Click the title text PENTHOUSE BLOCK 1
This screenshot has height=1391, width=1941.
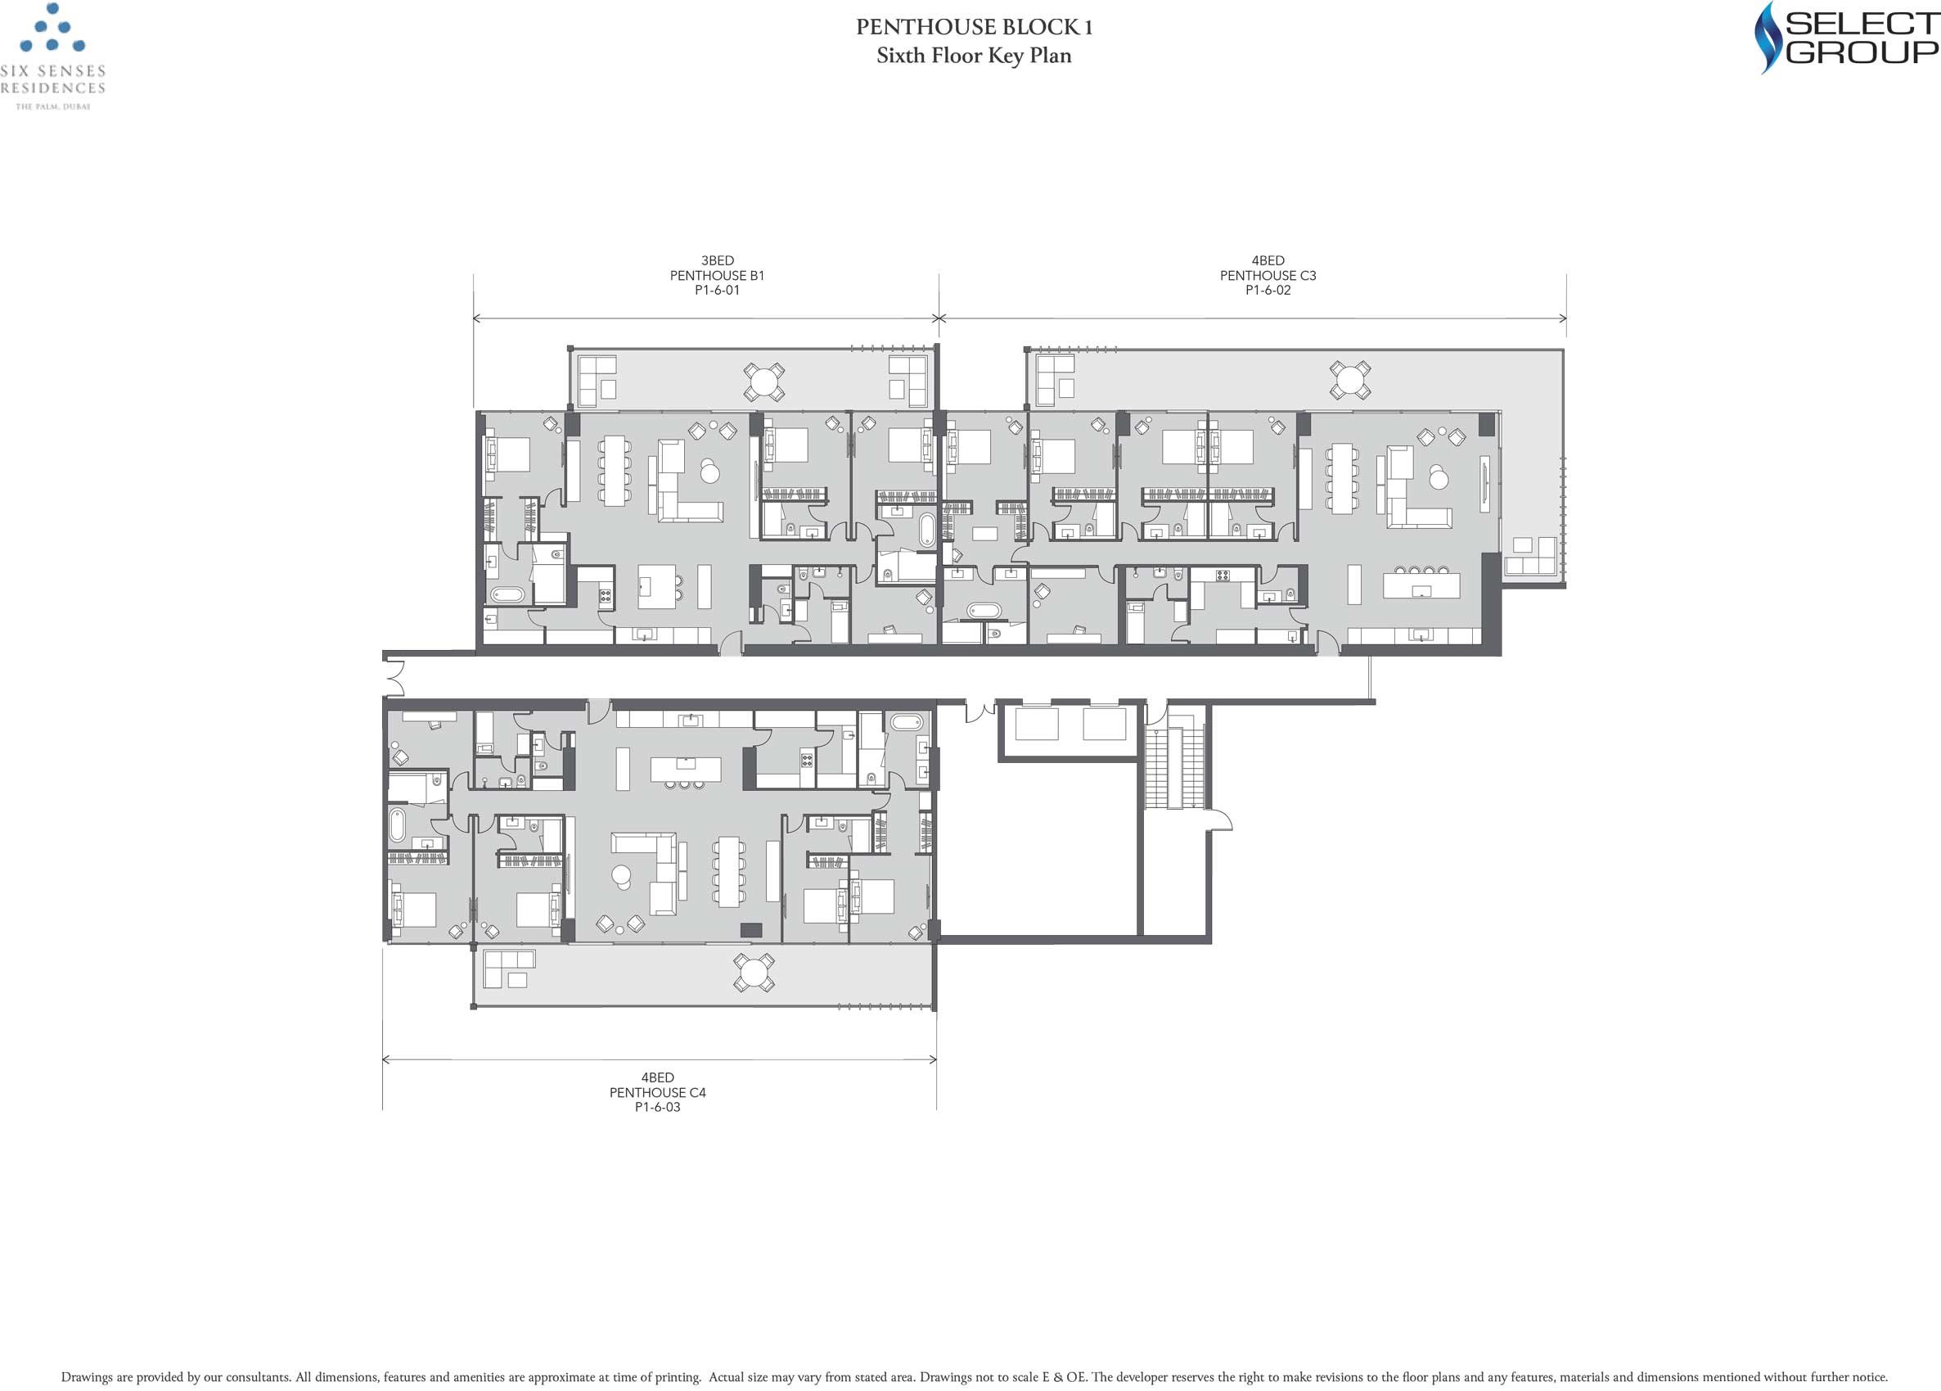pos(974,27)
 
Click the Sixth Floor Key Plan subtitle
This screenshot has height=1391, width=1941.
pos(974,56)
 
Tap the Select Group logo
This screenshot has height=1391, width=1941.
pos(1846,38)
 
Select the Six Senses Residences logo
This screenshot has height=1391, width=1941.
pos(53,56)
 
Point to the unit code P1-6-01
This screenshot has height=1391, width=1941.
pos(717,290)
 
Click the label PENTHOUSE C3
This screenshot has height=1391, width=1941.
pos(1268,276)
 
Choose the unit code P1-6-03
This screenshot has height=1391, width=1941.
pos(657,1107)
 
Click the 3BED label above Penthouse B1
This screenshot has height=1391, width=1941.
pos(717,260)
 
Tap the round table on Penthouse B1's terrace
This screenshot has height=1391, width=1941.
pos(763,382)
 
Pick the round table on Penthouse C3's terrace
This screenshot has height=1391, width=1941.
pos(1349,379)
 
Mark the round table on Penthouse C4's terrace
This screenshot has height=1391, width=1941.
pos(754,973)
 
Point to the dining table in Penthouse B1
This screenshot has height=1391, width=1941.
pos(615,471)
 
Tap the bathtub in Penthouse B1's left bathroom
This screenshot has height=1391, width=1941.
pos(507,594)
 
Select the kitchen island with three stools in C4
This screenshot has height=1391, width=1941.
pos(685,770)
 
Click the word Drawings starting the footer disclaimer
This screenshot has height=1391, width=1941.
pos(87,1377)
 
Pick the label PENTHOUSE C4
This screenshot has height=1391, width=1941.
pos(657,1092)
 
